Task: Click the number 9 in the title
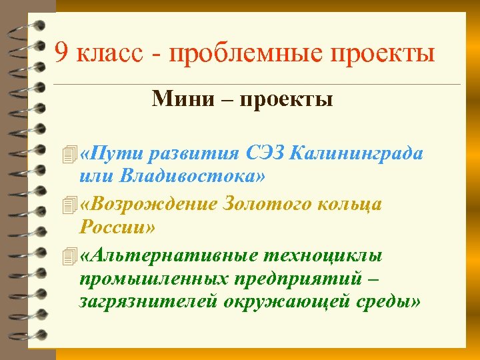click(x=61, y=53)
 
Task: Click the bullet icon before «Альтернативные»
click(x=65, y=255)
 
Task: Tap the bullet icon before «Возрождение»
click(x=65, y=204)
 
